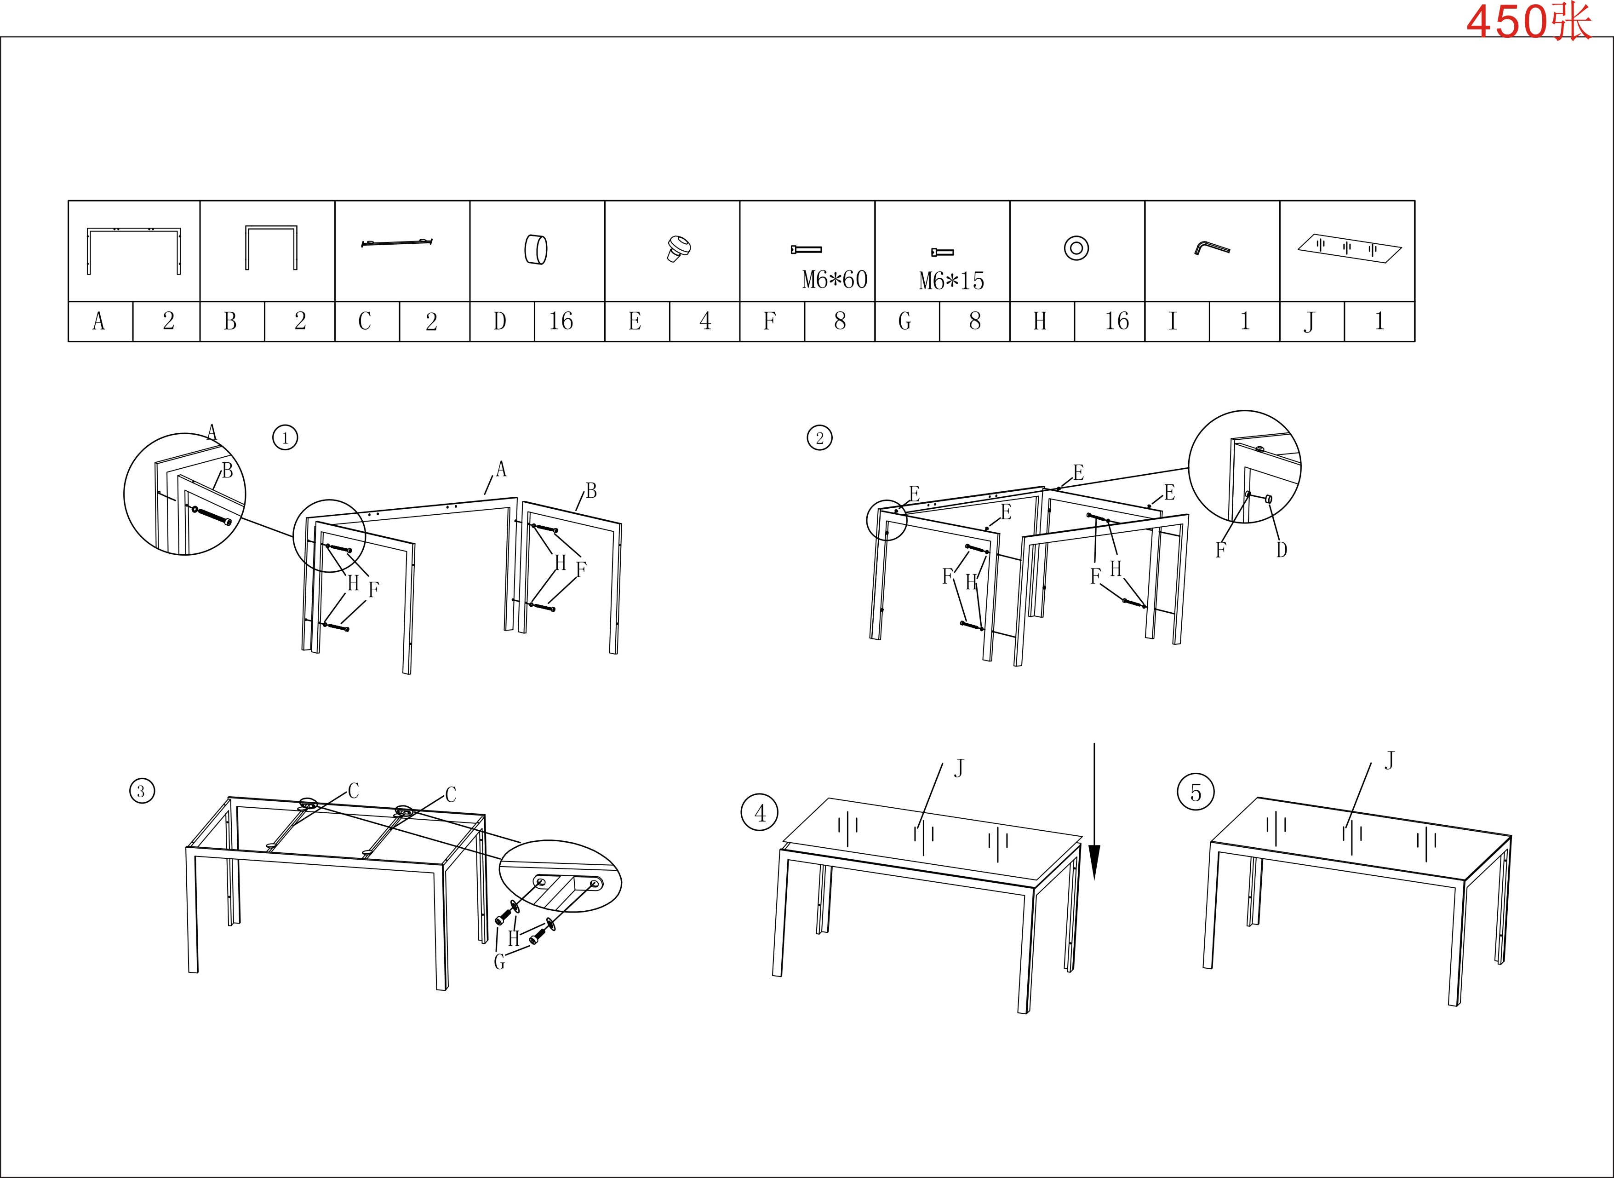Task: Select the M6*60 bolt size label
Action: pos(835,280)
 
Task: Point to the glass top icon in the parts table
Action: pos(1350,248)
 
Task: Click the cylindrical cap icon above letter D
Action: pos(536,250)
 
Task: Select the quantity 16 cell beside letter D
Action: pos(569,322)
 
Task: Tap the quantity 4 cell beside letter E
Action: pos(704,322)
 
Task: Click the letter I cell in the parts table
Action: pos(1177,322)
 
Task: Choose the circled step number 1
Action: pos(285,437)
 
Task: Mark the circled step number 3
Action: pos(142,791)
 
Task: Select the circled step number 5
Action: pos(1196,792)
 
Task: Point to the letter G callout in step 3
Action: pos(499,962)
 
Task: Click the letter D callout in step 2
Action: pos(1281,550)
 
